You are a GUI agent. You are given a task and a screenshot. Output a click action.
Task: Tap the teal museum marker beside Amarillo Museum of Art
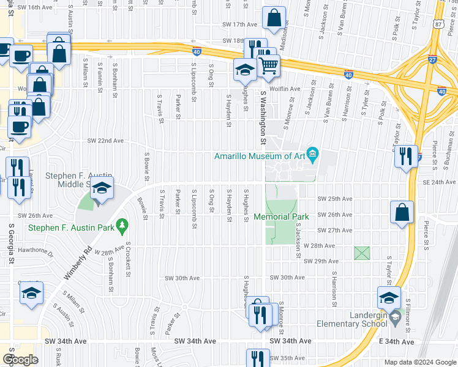point(313,153)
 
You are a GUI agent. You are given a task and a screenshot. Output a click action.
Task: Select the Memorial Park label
point(281,217)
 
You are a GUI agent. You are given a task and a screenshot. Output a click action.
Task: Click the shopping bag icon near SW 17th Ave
point(274,18)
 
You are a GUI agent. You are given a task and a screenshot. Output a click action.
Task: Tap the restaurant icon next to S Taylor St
point(406,156)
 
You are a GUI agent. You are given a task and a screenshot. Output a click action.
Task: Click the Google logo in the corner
point(20,360)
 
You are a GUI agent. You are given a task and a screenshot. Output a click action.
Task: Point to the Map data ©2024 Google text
point(420,362)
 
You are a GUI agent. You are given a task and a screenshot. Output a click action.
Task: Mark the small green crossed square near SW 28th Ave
point(362,253)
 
